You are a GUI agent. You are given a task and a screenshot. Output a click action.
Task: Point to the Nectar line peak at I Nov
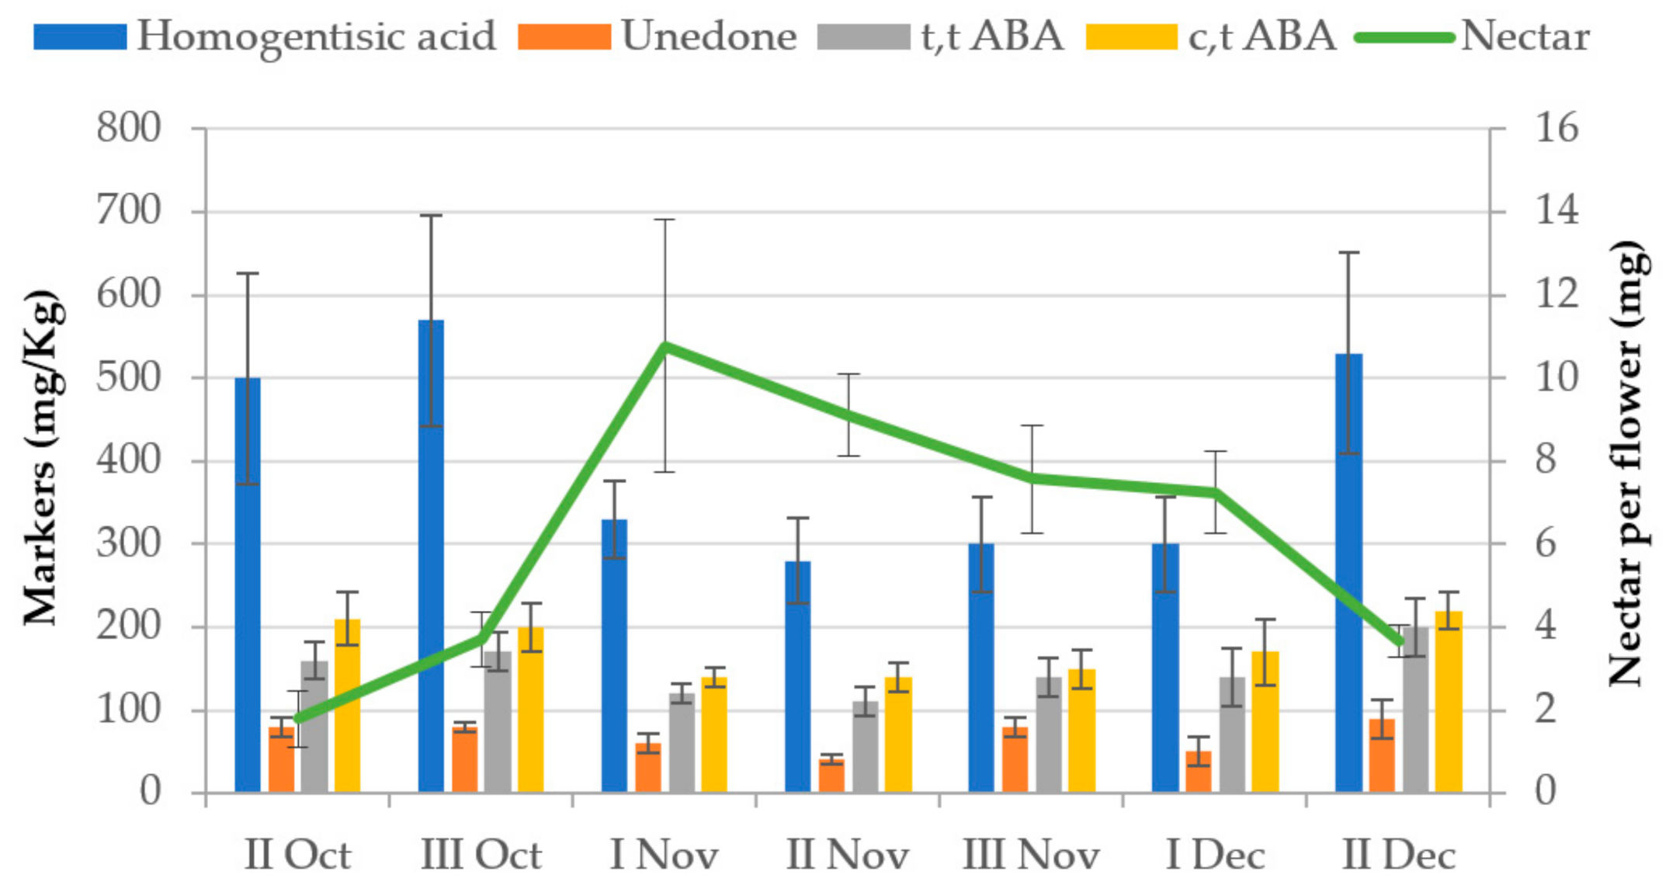(665, 345)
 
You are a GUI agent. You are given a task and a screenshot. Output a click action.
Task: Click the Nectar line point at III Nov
(1032, 477)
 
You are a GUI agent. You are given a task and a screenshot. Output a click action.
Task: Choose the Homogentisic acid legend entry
(264, 36)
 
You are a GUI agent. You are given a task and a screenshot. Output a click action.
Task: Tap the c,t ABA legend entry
(1211, 36)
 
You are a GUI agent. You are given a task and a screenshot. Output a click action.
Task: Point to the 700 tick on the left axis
(129, 211)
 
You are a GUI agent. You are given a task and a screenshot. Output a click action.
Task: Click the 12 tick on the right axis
(1556, 295)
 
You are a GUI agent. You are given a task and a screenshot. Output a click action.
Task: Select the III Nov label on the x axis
(1031, 856)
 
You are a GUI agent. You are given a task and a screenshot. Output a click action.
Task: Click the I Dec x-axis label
(1215, 856)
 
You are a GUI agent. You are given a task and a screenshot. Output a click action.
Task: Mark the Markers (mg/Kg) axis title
(40, 458)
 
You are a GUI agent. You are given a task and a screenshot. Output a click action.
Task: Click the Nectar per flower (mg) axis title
(1626, 463)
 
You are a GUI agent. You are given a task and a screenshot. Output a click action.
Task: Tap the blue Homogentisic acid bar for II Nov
(797, 676)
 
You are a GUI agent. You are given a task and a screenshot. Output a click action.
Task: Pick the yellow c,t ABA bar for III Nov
(1081, 730)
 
